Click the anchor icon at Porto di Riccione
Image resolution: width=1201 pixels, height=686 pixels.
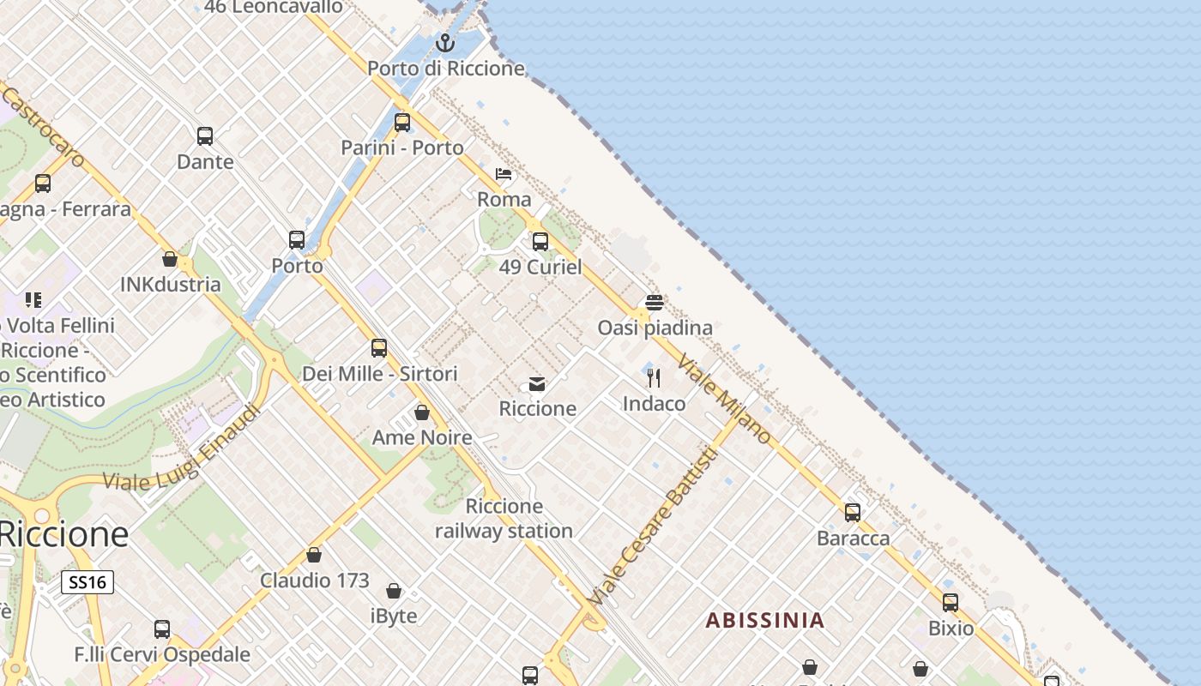tap(445, 42)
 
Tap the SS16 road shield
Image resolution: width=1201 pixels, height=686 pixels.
tap(88, 583)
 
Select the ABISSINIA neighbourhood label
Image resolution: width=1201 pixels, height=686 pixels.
tap(764, 620)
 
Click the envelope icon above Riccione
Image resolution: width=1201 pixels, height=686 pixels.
tap(537, 383)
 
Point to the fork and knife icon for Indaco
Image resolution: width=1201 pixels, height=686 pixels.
tap(654, 378)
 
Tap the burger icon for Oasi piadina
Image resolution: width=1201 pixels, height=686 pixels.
tap(655, 302)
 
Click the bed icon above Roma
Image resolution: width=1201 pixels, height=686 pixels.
tap(504, 174)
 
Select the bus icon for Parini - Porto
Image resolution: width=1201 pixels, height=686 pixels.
tap(402, 123)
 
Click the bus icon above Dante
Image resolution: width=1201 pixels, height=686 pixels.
tap(205, 136)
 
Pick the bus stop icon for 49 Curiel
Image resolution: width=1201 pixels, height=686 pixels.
tap(540, 242)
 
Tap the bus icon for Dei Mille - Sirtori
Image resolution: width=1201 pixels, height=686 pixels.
tap(379, 348)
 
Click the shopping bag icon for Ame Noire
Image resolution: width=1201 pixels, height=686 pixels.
tap(422, 412)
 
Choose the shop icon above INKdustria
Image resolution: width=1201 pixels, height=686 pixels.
tap(170, 259)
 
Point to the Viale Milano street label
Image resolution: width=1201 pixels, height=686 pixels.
tap(725, 398)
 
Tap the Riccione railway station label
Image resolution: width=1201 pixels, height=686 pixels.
tap(504, 519)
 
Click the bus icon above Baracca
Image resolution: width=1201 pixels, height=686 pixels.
tap(853, 513)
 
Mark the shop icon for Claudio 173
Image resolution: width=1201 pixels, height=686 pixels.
tap(314, 555)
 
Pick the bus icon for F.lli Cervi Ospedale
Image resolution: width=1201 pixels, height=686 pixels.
tap(162, 629)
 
